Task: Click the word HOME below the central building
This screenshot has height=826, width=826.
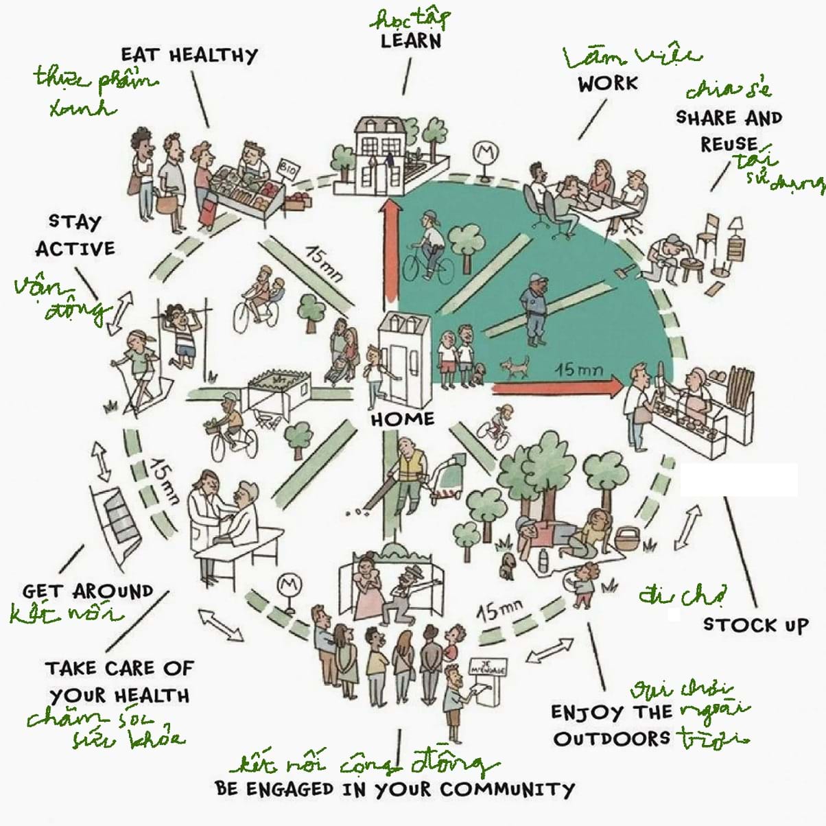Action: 403,419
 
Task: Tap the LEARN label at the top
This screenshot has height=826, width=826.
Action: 411,40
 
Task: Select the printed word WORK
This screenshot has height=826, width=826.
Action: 607,84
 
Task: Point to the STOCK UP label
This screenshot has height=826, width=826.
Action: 755,625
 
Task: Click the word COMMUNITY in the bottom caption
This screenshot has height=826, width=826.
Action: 506,790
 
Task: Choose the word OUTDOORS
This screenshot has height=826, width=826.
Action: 612,739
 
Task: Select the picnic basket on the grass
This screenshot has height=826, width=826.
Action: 626,539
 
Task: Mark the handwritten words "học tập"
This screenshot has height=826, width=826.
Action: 410,18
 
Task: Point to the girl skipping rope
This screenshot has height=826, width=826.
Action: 138,367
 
